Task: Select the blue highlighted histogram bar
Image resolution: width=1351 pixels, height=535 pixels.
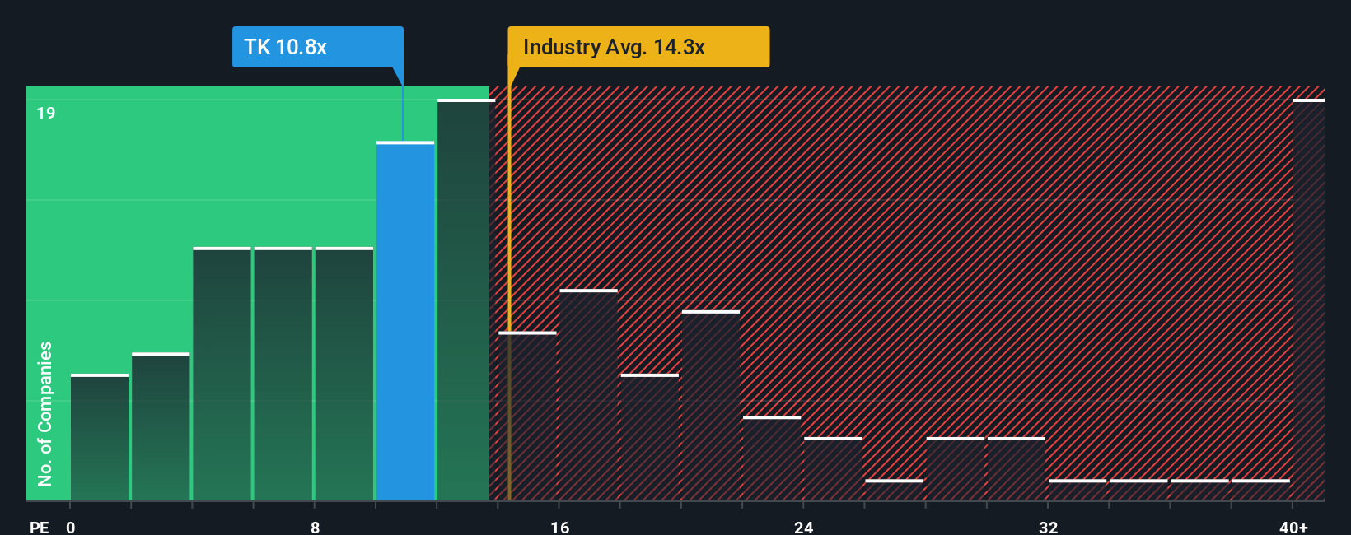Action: tap(405, 321)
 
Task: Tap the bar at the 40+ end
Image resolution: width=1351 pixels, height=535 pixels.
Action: tap(1308, 300)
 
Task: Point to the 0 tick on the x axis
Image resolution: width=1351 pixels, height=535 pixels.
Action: tap(71, 527)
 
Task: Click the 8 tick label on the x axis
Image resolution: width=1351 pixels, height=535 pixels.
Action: tap(315, 527)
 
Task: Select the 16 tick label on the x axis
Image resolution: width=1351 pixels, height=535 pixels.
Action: tap(559, 527)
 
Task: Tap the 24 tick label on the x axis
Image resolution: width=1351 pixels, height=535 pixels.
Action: tap(803, 527)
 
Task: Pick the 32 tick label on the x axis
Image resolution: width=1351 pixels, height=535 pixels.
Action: tap(1048, 527)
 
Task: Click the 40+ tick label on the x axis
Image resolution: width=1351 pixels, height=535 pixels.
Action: tap(1293, 527)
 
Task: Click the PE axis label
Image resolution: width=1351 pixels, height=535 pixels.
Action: tap(39, 527)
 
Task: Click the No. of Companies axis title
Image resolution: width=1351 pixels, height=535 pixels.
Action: tap(45, 413)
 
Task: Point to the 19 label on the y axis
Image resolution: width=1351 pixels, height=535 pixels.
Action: tap(46, 113)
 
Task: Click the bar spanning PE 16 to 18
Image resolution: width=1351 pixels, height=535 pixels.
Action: tap(588, 395)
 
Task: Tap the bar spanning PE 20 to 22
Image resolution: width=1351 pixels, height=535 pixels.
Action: tap(711, 406)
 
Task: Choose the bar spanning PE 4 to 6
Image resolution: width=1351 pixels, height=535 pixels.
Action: tap(222, 374)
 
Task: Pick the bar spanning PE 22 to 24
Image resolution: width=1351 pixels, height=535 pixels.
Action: tap(772, 458)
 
